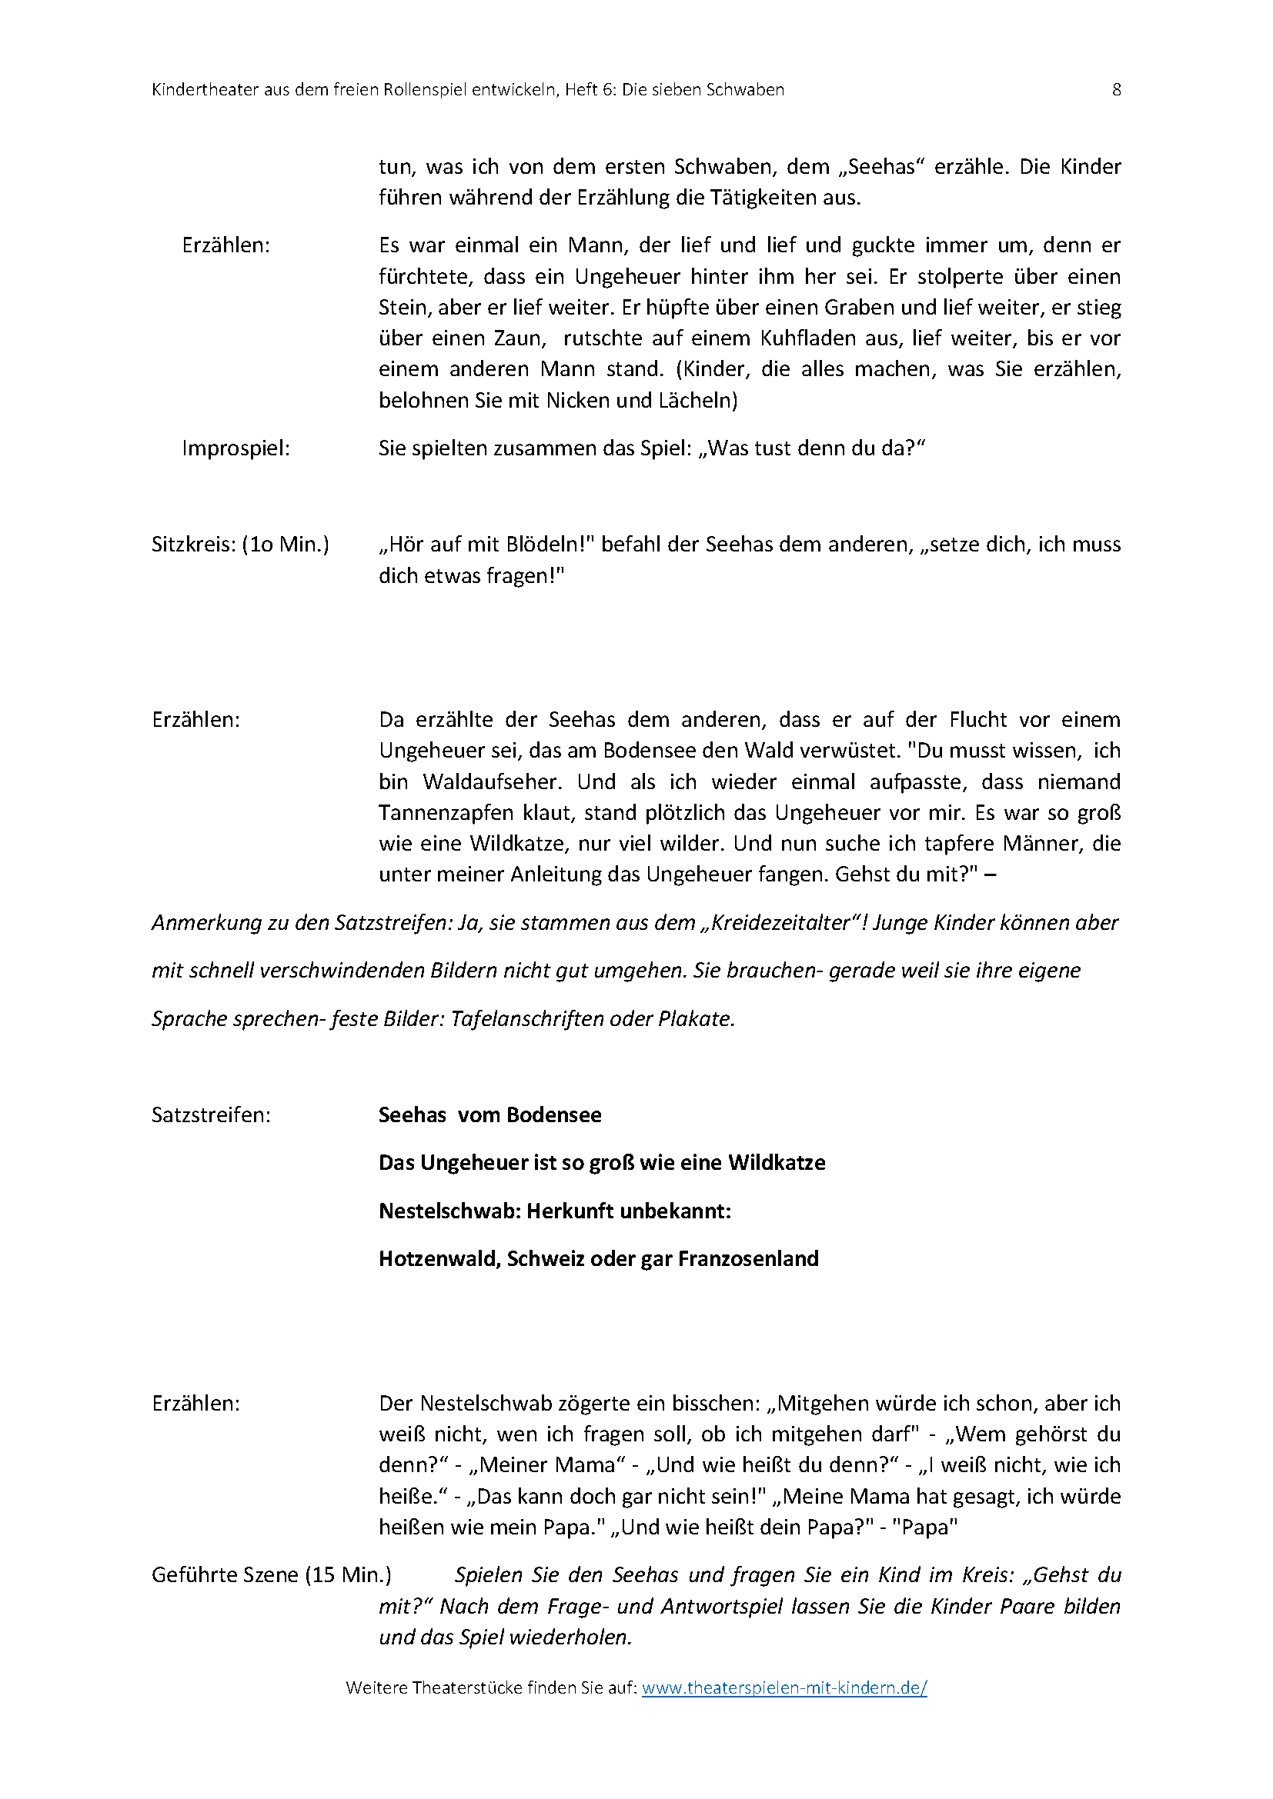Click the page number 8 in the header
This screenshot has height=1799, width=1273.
(x=1116, y=90)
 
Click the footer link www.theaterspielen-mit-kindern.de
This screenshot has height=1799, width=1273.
(x=784, y=1687)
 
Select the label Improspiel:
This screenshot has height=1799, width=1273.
(x=236, y=448)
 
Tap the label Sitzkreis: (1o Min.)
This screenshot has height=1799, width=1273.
(x=240, y=545)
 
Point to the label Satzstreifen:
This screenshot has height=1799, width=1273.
(x=211, y=1115)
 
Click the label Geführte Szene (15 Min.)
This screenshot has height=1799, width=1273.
(x=271, y=1575)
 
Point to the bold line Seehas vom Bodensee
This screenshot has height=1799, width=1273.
(x=490, y=1115)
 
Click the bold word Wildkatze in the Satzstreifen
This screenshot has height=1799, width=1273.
(x=776, y=1163)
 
